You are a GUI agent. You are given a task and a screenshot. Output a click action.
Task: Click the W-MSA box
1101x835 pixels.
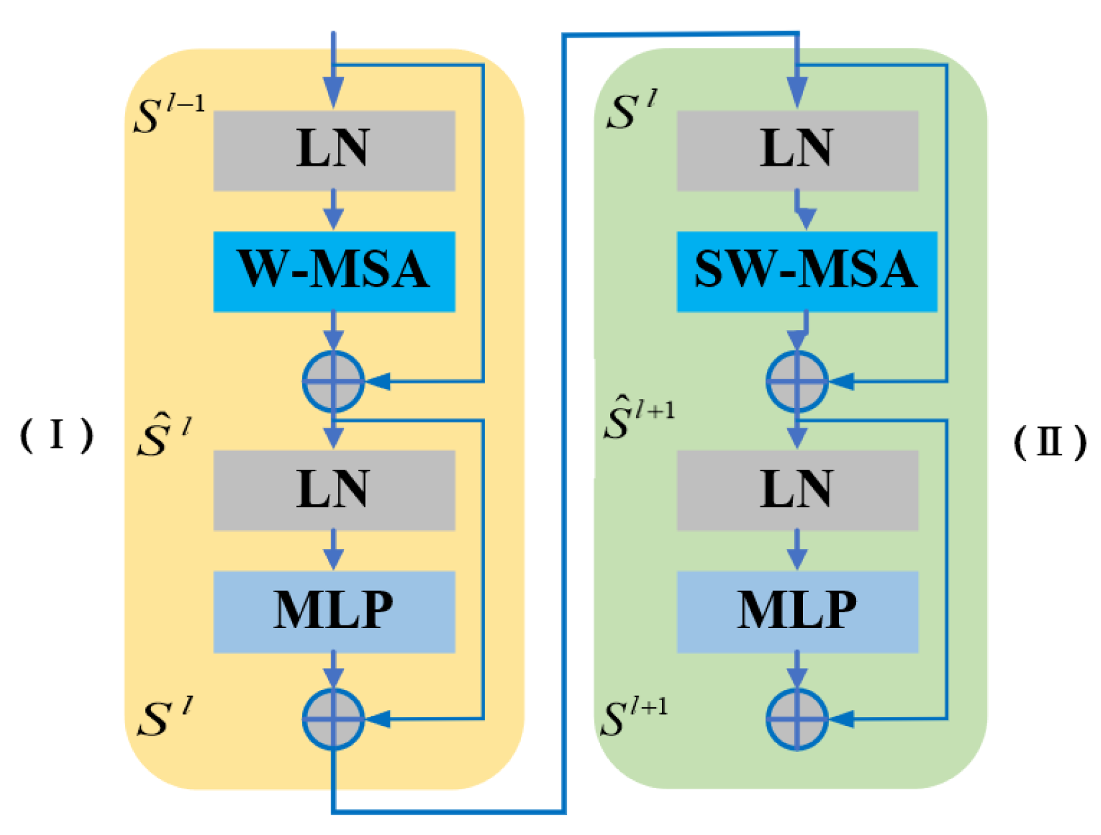tap(334, 271)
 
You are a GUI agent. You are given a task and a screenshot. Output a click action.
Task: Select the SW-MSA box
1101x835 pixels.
tap(806, 271)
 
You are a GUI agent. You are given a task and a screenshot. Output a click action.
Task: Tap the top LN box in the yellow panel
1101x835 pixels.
tap(334, 150)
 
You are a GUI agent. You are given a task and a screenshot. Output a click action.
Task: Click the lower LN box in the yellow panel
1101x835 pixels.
tap(334, 490)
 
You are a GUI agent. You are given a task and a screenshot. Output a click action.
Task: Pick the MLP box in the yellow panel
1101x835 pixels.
tap(334, 611)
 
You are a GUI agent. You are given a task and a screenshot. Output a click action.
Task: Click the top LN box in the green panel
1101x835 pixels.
tap(797, 150)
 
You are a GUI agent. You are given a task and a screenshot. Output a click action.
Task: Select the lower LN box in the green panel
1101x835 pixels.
tap(797, 490)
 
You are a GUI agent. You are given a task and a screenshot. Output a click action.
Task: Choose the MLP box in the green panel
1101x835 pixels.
tap(797, 611)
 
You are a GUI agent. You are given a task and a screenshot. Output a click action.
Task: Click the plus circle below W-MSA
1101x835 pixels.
tap(333, 382)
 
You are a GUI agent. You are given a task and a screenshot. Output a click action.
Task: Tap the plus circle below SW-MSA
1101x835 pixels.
tap(797, 382)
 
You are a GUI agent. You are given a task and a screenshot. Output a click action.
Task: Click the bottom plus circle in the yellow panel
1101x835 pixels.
tap(333, 719)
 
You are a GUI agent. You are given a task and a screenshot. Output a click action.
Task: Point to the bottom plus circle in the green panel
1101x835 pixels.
tap(797, 719)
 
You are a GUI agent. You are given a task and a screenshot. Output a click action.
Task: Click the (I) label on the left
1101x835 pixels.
tap(57, 436)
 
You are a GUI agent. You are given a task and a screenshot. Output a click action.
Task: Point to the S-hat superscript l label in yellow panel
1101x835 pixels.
tap(164, 436)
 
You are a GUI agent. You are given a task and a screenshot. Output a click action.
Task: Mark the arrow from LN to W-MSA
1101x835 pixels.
tap(333, 212)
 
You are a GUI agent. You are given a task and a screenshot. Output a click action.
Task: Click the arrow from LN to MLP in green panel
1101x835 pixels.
tap(797, 551)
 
